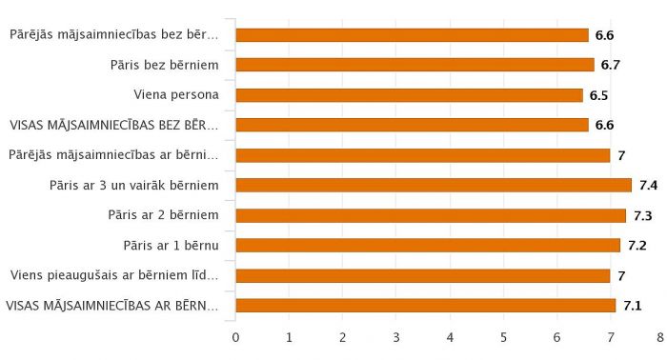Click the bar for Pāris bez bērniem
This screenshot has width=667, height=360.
(x=414, y=65)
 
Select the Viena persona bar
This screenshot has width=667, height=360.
(x=409, y=95)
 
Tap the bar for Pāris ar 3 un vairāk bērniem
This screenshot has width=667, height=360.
(x=434, y=185)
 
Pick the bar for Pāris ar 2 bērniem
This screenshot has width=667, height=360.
(x=431, y=215)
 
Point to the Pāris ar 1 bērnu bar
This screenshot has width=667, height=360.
(x=428, y=246)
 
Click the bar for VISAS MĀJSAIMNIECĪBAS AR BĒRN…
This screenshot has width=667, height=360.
(x=425, y=306)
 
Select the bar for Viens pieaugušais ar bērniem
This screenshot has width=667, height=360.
(x=422, y=276)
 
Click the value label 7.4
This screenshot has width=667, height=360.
(x=649, y=185)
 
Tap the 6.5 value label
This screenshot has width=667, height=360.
(x=598, y=95)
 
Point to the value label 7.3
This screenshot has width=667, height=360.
(x=643, y=215)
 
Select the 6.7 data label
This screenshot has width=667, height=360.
(x=611, y=65)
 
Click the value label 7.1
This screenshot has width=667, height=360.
(x=632, y=306)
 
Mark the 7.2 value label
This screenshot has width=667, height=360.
(x=637, y=246)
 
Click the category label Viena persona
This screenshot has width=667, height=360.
(x=177, y=95)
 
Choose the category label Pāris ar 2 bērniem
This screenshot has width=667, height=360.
(x=164, y=215)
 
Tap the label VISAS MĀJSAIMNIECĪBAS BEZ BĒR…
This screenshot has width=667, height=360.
(x=113, y=125)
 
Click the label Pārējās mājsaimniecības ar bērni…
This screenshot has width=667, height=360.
(x=113, y=154)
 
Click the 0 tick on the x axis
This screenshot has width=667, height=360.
(x=235, y=336)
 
